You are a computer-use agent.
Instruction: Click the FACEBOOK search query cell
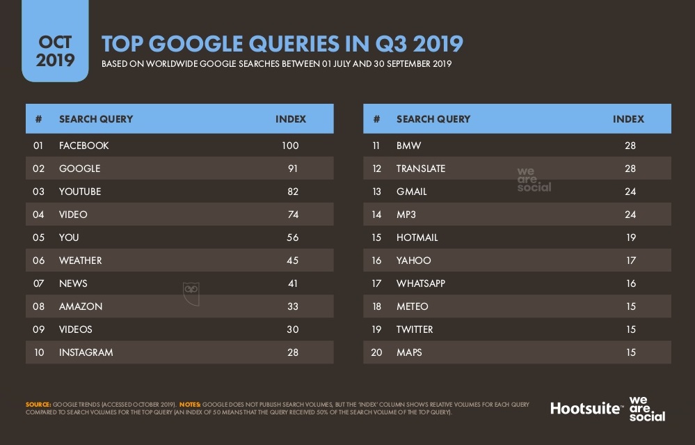click(84, 146)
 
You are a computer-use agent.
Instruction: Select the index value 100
click(290, 146)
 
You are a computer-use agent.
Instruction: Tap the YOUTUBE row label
click(80, 192)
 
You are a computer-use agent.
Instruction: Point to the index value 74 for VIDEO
click(292, 214)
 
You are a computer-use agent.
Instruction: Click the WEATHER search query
click(81, 260)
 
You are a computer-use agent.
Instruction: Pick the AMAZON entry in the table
click(81, 306)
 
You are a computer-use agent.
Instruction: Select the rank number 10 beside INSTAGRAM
click(39, 352)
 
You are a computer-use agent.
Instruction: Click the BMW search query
click(408, 146)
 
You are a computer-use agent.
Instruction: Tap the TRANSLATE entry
click(421, 169)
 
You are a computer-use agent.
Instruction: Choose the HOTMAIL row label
click(417, 237)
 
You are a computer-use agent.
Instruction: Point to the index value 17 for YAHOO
click(630, 260)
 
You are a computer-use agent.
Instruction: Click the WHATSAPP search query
click(421, 283)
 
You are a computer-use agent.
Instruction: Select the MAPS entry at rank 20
click(409, 352)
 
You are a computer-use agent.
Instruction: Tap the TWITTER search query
click(415, 329)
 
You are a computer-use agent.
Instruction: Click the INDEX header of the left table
click(291, 119)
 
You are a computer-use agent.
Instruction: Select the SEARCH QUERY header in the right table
click(433, 119)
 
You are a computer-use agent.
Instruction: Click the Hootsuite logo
click(586, 408)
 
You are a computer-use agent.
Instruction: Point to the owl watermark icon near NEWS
click(191, 292)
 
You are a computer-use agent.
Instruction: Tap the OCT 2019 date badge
click(55, 51)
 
